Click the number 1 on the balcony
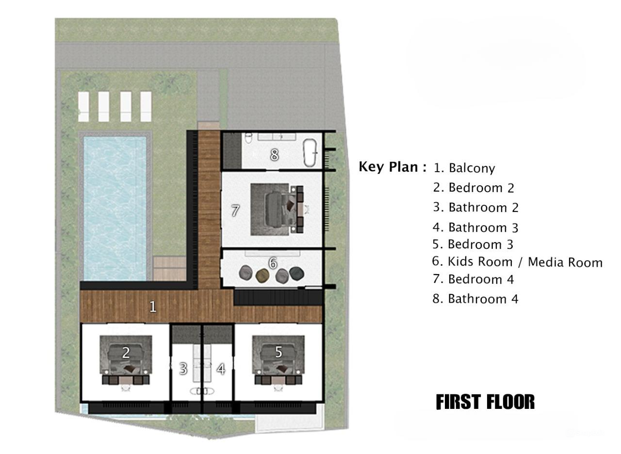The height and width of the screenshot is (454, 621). [x=153, y=307]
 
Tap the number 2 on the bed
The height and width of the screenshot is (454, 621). [x=126, y=353]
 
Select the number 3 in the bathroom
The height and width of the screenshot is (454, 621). [x=183, y=369]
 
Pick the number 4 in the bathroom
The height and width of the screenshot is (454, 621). [x=221, y=369]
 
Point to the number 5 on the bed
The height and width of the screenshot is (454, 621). [x=278, y=352]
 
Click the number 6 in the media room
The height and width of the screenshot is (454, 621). [x=273, y=263]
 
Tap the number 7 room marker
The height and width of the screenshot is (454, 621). [x=235, y=211]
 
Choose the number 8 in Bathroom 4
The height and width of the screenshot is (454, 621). [x=275, y=155]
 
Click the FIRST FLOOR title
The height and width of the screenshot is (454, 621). [x=485, y=402]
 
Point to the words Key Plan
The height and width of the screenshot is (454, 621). [x=392, y=167]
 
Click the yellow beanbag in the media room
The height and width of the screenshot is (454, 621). [x=262, y=276]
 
